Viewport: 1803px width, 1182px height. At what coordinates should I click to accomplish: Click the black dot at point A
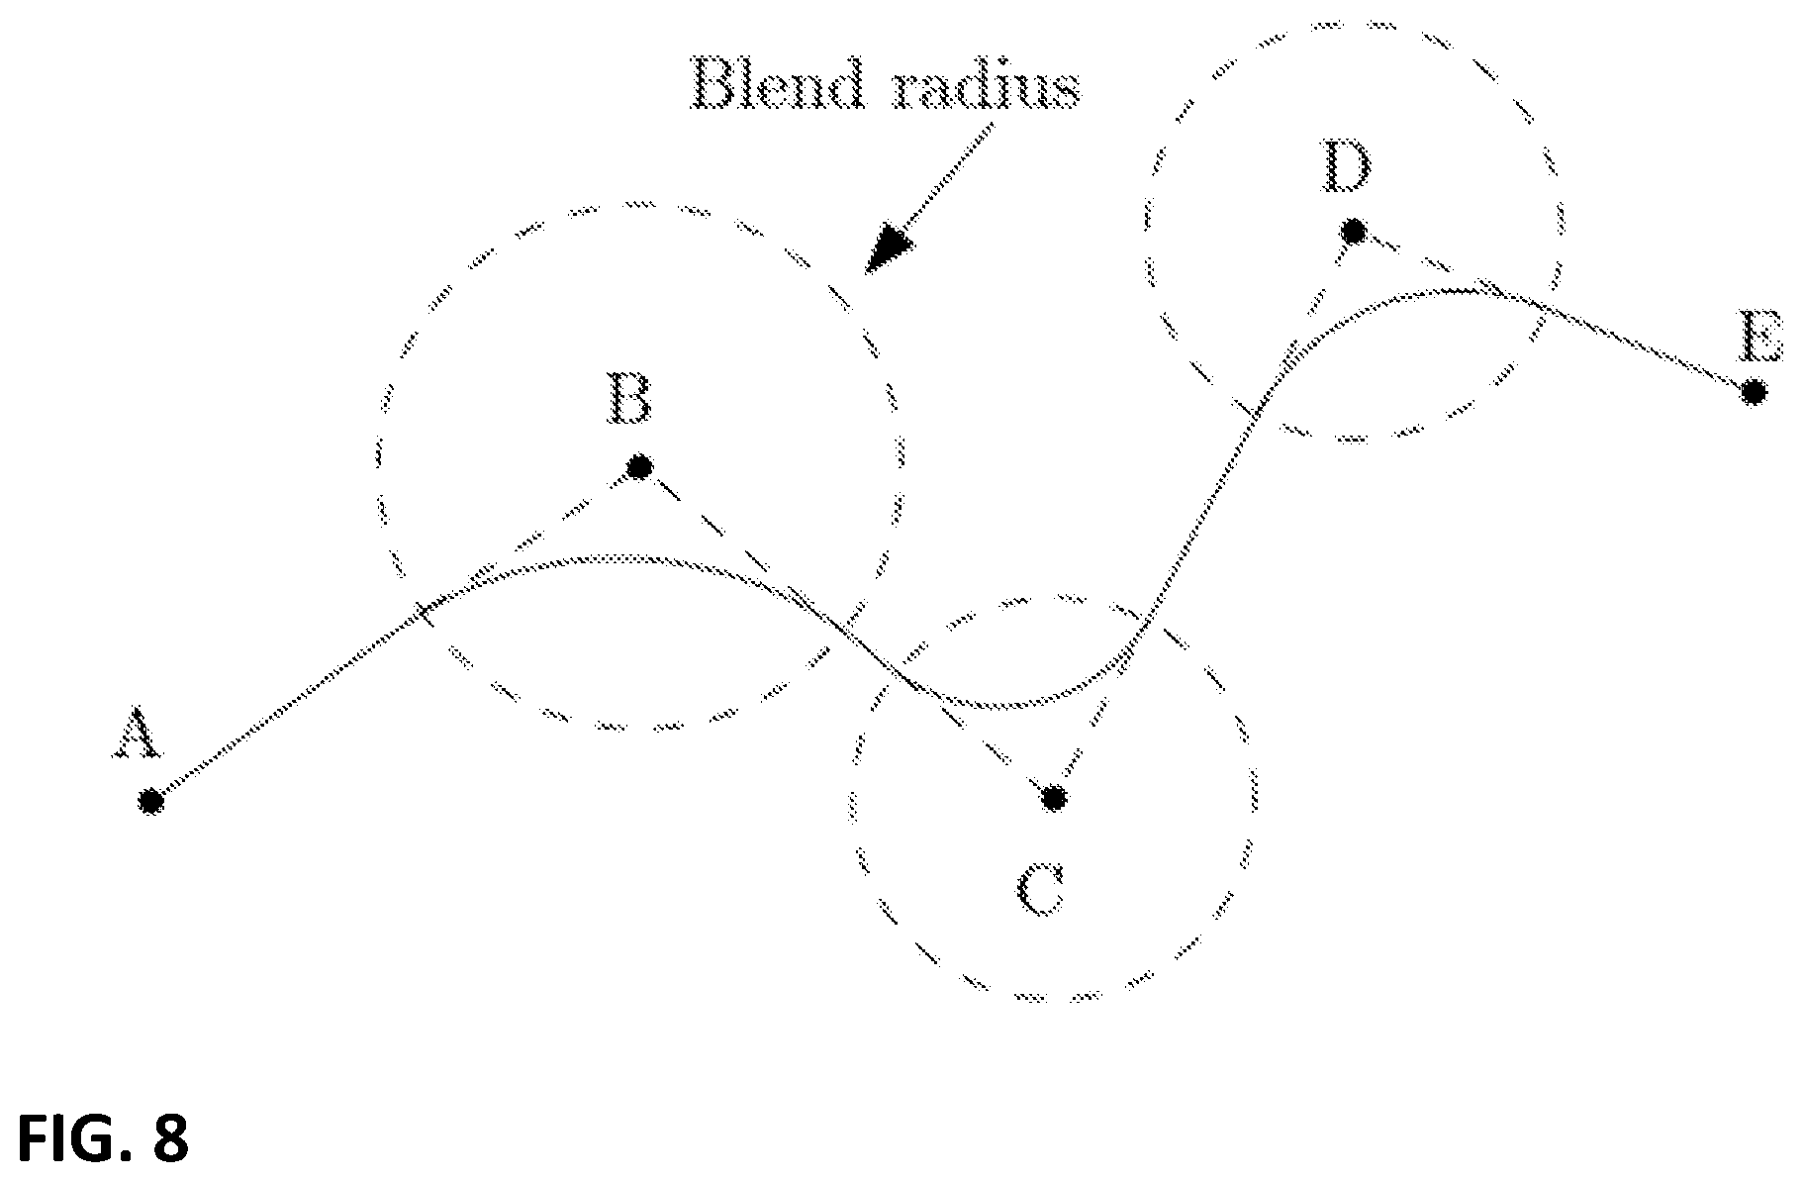[x=150, y=801]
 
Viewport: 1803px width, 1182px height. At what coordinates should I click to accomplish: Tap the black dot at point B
[x=639, y=465]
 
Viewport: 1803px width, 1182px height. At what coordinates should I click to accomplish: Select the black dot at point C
[x=1054, y=797]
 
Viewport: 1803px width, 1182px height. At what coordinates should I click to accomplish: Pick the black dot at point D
[x=1354, y=232]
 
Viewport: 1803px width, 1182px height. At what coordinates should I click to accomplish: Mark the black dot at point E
[x=1753, y=393]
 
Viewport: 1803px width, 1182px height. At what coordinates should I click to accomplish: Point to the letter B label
[x=629, y=398]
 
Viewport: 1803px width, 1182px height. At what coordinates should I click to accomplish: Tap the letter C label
[x=1041, y=890]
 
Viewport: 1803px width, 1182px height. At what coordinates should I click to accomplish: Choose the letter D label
[x=1346, y=167]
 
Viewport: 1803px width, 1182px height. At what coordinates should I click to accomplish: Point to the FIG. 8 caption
[x=103, y=1137]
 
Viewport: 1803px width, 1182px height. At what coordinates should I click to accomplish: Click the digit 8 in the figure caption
[x=169, y=1137]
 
